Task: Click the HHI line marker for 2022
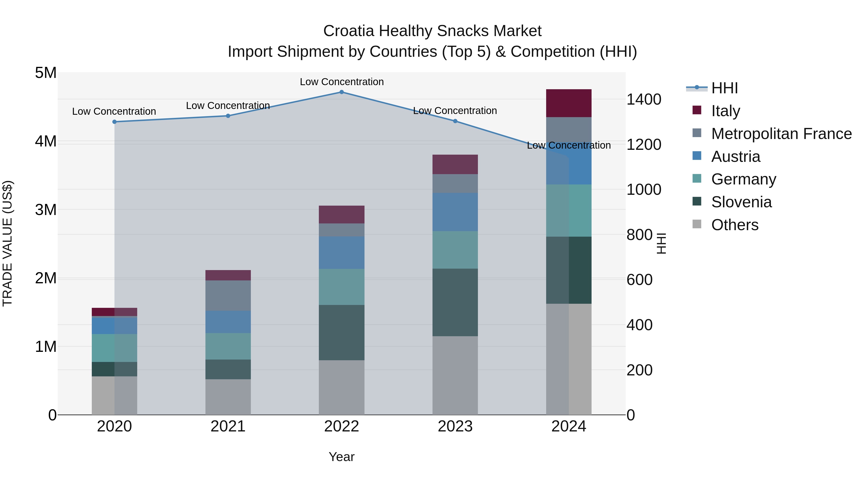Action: click(x=341, y=92)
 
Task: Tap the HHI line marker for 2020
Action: click(x=115, y=122)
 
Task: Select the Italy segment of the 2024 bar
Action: click(x=568, y=103)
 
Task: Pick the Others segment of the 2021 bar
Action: click(x=228, y=397)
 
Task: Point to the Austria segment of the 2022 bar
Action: click(x=341, y=253)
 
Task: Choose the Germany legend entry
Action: click(x=743, y=179)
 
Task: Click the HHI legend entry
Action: click(x=724, y=88)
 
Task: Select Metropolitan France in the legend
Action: click(x=781, y=134)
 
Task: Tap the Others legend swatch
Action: click(x=697, y=224)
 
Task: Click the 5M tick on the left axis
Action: click(x=46, y=73)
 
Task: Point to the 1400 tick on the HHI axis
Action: click(x=644, y=100)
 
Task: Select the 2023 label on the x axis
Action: click(x=455, y=426)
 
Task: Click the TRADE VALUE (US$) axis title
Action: click(x=7, y=243)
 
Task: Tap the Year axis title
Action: click(x=341, y=457)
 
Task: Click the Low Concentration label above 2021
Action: click(x=228, y=106)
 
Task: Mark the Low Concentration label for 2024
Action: click(x=568, y=145)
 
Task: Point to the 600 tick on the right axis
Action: click(x=639, y=280)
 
